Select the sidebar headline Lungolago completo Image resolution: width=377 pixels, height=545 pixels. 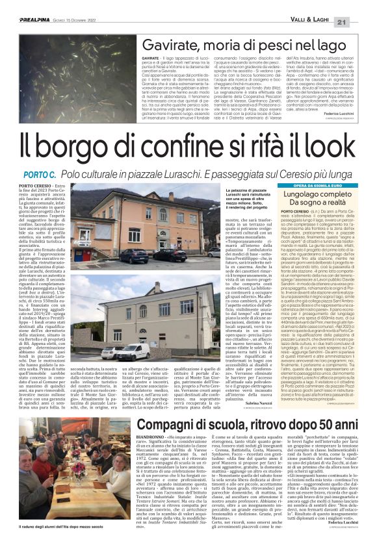311,196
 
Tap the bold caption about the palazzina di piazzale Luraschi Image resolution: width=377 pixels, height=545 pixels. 235,201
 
